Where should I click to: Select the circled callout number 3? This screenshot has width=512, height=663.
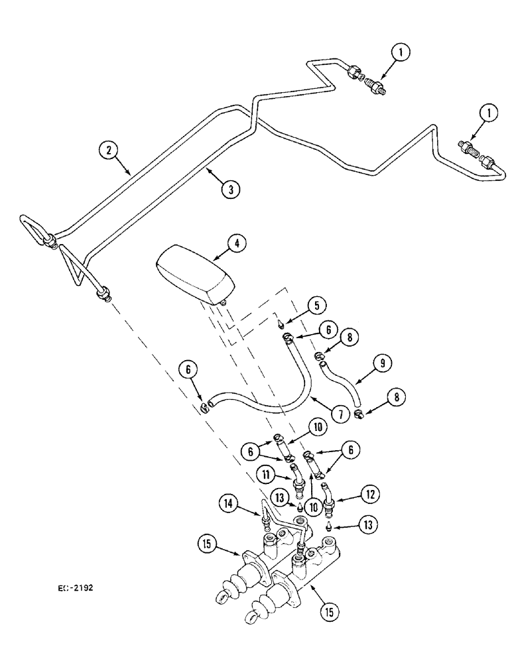coord(230,189)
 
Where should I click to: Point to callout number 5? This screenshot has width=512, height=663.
coord(316,306)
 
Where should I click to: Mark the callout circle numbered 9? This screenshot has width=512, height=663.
coord(383,363)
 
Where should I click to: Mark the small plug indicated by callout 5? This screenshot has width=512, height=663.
coord(283,324)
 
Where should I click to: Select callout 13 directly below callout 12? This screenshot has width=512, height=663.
coord(369,525)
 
